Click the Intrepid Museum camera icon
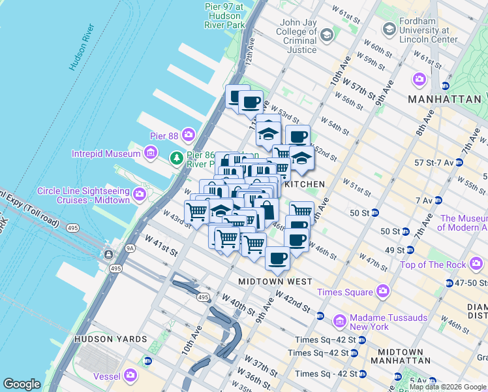point(151,154)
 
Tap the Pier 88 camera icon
point(189,134)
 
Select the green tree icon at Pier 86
point(176,157)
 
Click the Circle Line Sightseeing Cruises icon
point(139,195)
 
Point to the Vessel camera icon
point(130,375)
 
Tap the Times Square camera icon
point(382,291)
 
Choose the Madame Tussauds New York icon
point(339,321)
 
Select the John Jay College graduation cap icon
point(327,34)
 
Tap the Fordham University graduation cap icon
point(389,29)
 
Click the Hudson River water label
point(82,48)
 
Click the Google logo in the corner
point(22,384)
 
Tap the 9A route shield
point(112,248)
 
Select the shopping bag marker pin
point(266,210)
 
